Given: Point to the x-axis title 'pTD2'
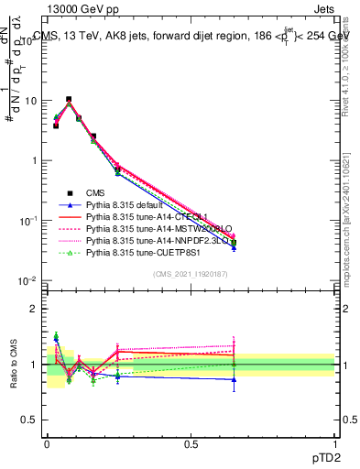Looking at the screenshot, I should click(x=322, y=455).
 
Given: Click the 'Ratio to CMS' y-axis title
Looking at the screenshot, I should click(x=14, y=364).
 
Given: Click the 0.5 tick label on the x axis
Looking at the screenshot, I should click(x=191, y=442).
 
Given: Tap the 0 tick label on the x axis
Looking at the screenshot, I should click(x=47, y=442).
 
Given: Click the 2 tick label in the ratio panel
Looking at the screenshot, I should click(x=35, y=309).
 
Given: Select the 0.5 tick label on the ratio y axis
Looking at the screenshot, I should click(x=31, y=420).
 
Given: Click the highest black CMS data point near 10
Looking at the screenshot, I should click(x=69, y=99).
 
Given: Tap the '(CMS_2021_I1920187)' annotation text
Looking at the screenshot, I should click(x=191, y=274).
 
